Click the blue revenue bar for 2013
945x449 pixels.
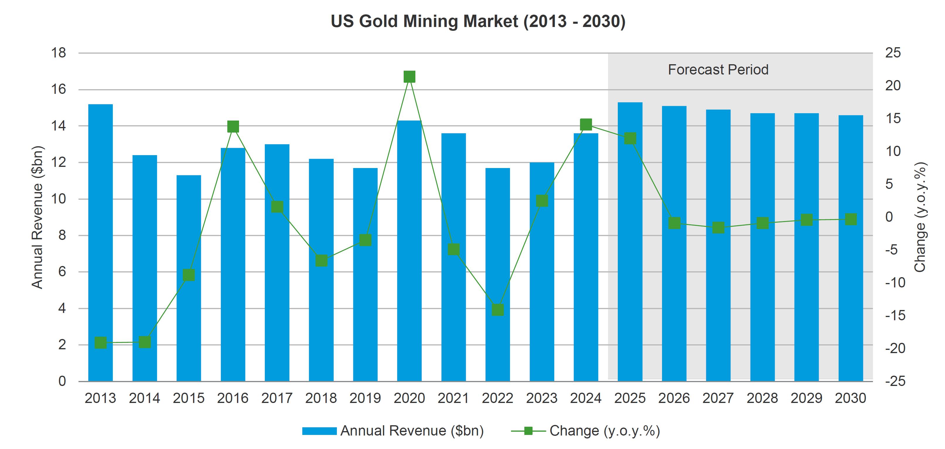coord(100,242)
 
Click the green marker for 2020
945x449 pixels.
coord(410,77)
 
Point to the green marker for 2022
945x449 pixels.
coord(498,310)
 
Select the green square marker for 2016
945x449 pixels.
coord(233,127)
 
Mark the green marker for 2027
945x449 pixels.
coord(718,228)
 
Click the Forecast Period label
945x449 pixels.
coord(718,70)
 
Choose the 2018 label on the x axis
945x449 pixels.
coord(321,398)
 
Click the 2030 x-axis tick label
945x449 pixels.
coord(850,398)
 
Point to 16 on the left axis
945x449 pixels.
coord(58,89)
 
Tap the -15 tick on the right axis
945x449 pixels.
coord(895,315)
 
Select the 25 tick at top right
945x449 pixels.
coord(893,53)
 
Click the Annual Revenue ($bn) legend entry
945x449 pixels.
coord(393,431)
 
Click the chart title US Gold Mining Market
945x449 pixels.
coord(478,21)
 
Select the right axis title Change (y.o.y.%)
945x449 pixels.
coord(920,217)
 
